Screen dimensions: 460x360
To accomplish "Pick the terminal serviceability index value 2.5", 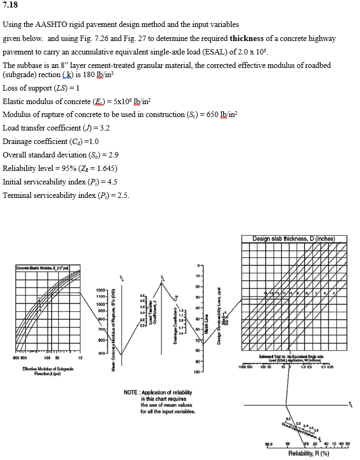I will coord(122,195).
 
